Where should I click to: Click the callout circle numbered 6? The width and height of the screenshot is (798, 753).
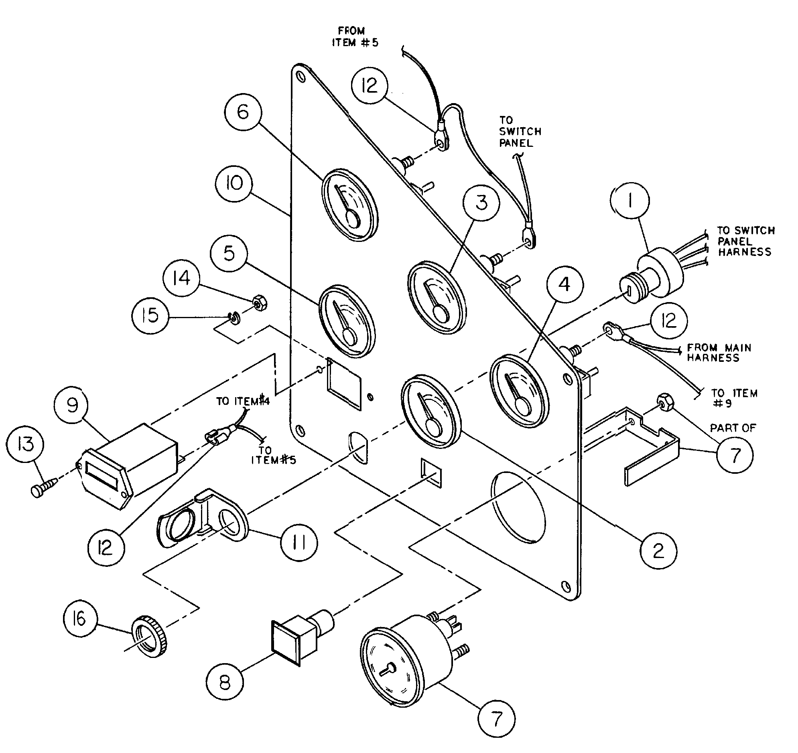[x=243, y=112]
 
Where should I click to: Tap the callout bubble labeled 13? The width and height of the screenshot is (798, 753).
[x=25, y=445]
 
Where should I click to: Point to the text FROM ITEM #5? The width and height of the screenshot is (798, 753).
[x=354, y=37]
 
